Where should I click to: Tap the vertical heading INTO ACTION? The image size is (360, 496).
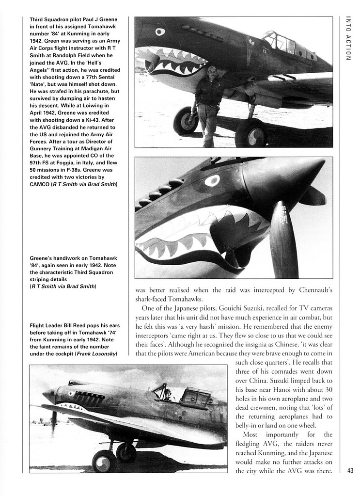[347, 38]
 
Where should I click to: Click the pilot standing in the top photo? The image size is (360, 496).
[208, 104]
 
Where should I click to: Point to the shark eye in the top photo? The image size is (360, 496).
[160, 32]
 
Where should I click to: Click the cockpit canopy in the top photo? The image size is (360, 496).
[283, 44]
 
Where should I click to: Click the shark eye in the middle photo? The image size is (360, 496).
[212, 181]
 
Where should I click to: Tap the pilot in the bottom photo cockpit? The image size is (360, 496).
[168, 395]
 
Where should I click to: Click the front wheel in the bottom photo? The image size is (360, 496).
[104, 461]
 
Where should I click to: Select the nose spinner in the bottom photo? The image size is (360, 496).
[48, 395]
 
